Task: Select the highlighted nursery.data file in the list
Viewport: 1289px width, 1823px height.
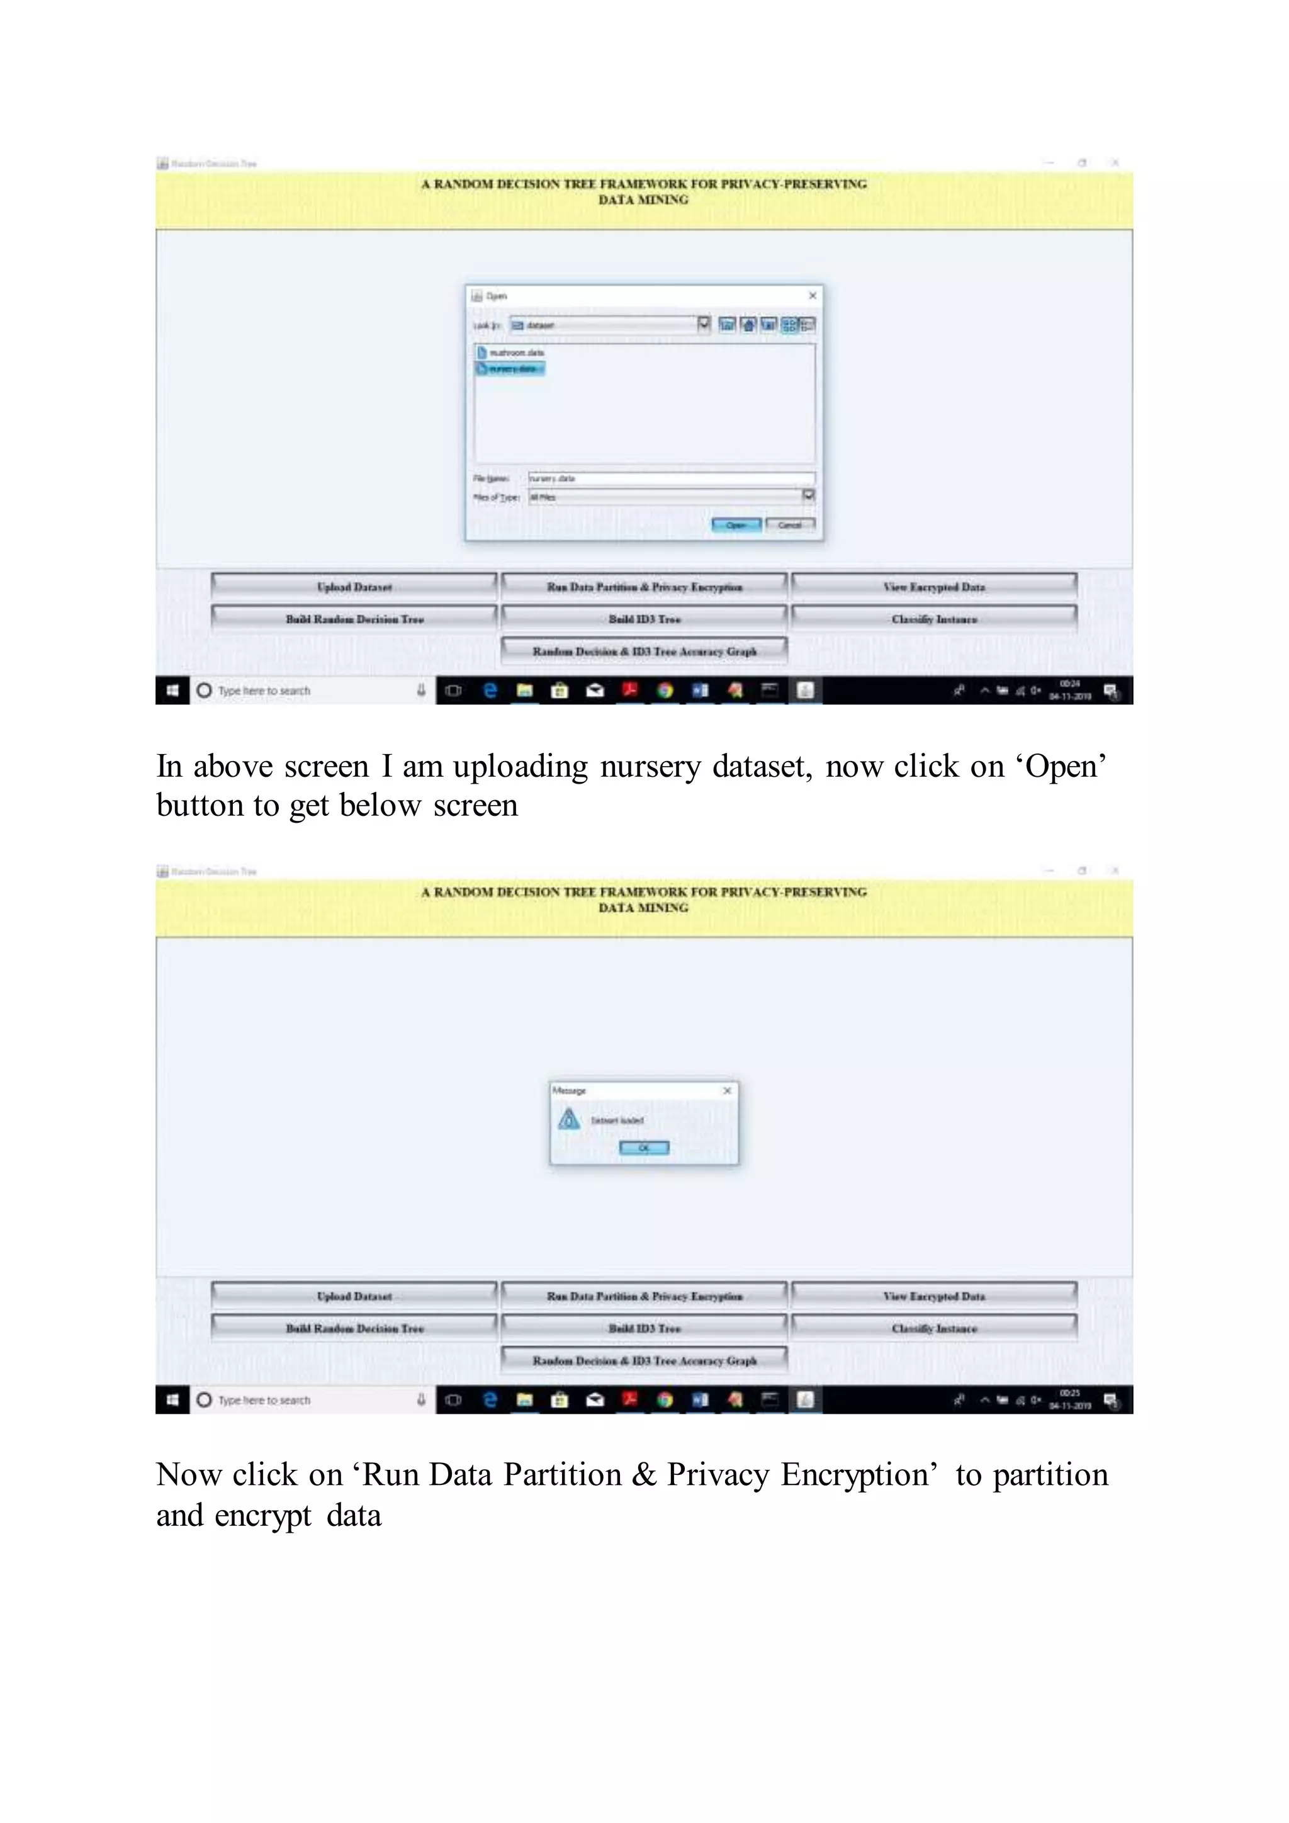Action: tap(510, 368)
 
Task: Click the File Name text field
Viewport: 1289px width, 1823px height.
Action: tap(671, 478)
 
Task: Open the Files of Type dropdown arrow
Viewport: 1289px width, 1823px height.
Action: tap(808, 495)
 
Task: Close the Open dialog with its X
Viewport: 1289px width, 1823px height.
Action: tap(812, 295)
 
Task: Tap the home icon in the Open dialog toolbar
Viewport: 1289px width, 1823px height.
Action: tap(748, 325)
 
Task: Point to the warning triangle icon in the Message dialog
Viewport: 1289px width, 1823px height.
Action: tap(569, 1119)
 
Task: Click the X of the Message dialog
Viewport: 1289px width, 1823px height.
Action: tap(727, 1091)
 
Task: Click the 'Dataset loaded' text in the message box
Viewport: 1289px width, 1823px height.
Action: tap(617, 1120)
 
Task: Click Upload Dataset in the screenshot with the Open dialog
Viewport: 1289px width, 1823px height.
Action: tap(354, 587)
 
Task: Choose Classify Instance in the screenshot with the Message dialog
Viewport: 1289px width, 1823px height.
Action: tap(933, 1328)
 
